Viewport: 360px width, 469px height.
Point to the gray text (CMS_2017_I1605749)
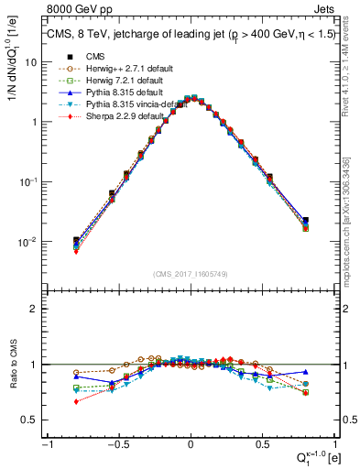click(191, 274)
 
